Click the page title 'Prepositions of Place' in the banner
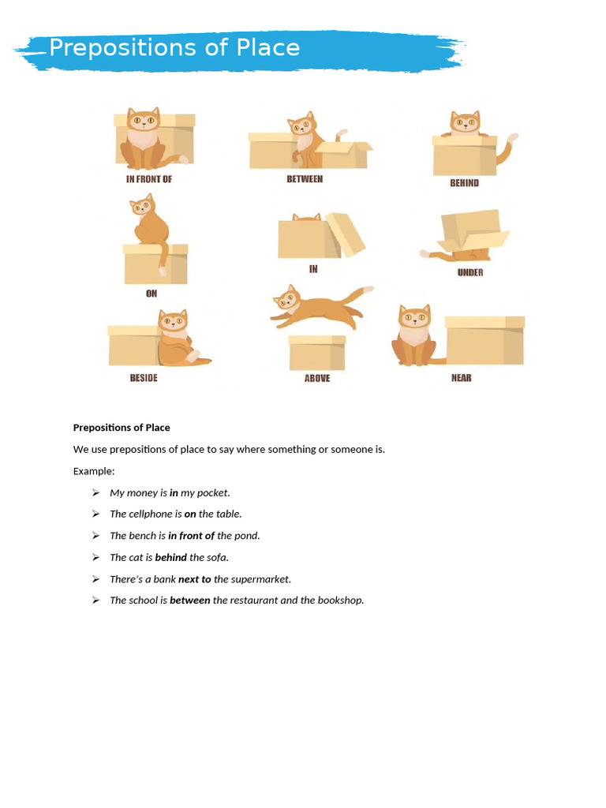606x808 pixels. coord(174,48)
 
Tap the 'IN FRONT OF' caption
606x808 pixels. coord(149,179)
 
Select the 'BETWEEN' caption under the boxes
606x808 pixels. coord(305,179)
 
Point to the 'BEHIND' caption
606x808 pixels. coord(464,182)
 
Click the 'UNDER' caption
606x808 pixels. coord(469,272)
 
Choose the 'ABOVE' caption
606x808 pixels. coord(317,378)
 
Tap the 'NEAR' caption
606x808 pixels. coord(461,378)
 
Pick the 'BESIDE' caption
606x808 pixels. coord(144,378)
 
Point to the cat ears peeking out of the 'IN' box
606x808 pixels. coord(306,217)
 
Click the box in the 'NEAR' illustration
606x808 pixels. coord(484,340)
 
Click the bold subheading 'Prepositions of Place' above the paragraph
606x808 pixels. coord(122,428)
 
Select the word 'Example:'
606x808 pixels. coord(94,471)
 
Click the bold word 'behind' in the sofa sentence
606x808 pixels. coord(170,557)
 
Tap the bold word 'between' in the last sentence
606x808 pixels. coord(189,600)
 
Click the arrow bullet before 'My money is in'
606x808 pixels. coord(95,492)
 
